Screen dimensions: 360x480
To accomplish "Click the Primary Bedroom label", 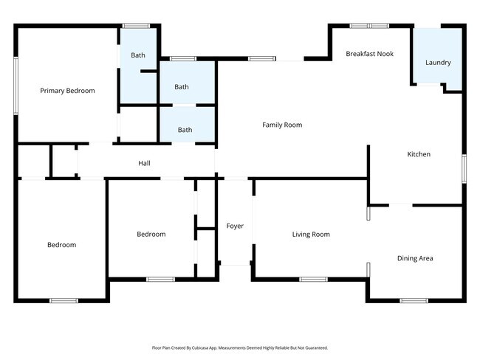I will point(67,91).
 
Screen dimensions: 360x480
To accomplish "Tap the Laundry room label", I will point(438,63).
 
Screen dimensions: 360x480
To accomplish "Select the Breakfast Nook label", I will point(369,54).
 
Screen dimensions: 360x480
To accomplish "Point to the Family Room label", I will point(282,125).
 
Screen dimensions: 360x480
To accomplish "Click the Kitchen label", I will point(419,154).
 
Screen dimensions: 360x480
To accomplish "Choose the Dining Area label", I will point(415,258).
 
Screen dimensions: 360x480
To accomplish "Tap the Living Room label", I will point(311,235).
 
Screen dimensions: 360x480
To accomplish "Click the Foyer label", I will point(235,226).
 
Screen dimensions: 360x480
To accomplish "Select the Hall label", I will point(144,163).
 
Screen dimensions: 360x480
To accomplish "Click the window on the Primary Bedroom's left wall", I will point(16,86).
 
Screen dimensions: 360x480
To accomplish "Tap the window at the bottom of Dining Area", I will point(414,300).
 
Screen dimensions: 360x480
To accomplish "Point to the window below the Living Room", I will point(313,279).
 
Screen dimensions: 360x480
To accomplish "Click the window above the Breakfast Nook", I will point(369,26).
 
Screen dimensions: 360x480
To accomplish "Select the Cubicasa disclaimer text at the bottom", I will point(239,347).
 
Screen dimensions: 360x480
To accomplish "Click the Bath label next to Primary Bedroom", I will point(138,55).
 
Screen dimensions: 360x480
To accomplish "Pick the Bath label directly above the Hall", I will point(185,130).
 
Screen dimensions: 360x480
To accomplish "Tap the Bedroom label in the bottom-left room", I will point(61,245).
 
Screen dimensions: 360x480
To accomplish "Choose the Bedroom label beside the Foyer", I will point(151,235).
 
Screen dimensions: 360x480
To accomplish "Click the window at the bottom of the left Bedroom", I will point(64,300).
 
